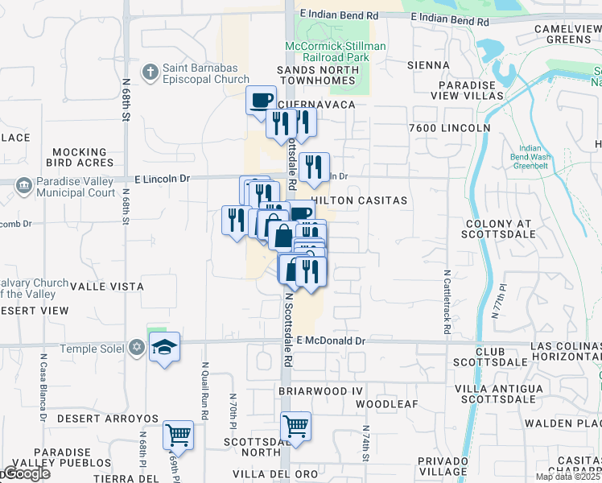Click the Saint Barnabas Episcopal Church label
pos(206,73)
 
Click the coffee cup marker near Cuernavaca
pos(260,101)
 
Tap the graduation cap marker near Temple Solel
pos(165,348)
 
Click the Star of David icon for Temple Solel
pos(137,346)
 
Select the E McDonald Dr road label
pos(331,341)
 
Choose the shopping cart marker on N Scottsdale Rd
pos(295,427)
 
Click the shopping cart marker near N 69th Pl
pos(178,436)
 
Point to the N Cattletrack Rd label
pos(447,302)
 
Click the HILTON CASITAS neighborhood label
pos(359,200)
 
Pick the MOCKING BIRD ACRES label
pos(80,157)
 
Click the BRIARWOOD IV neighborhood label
pos(316,390)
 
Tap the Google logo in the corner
pos(26,473)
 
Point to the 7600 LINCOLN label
pos(449,128)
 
